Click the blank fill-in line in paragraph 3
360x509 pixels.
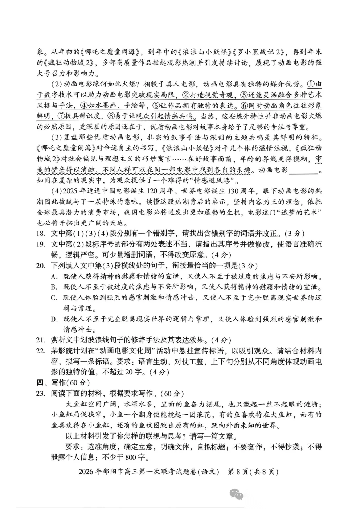coord(303,170)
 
